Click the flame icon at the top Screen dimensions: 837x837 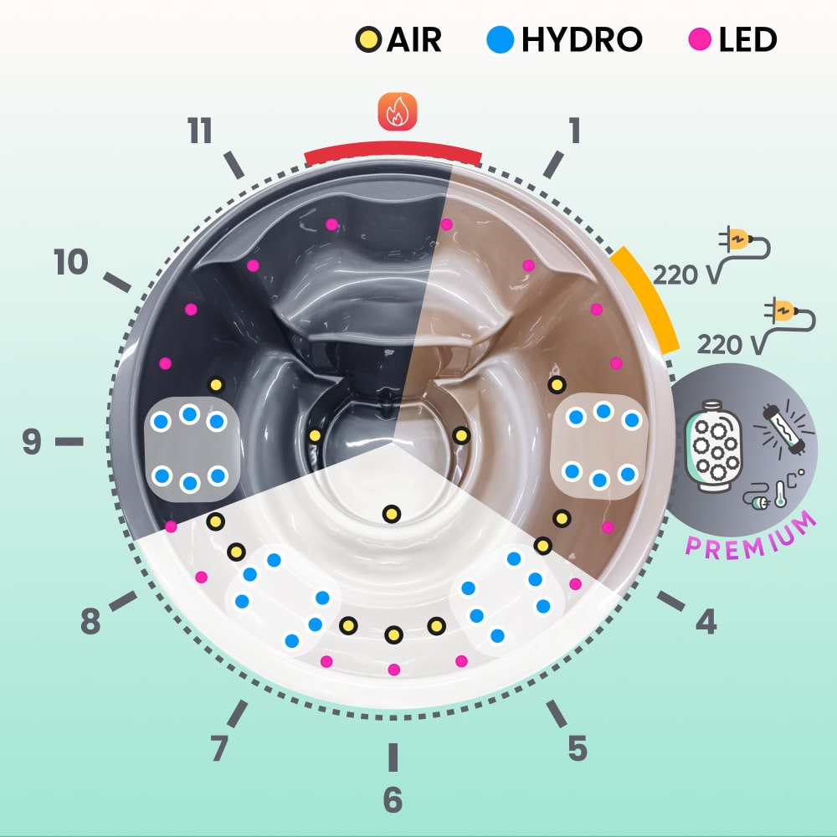coord(397,112)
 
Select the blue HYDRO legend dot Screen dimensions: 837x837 coord(500,39)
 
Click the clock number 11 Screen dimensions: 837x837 coord(200,132)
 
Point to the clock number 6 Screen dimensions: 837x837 coord(393,800)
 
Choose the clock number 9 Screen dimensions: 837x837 coord(32,441)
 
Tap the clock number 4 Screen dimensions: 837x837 coord(706,621)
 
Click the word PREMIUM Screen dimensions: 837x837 coord(751,535)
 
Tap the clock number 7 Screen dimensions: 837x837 coord(219,747)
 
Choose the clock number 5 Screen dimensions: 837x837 coord(578,747)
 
